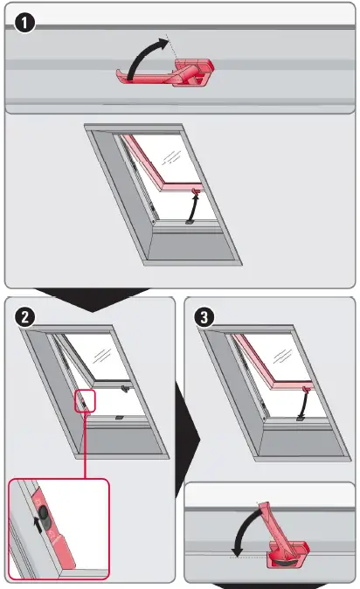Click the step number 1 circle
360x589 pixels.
tap(25, 24)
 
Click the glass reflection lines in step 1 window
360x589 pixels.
tap(171, 157)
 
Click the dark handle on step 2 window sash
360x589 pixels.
tap(127, 387)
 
